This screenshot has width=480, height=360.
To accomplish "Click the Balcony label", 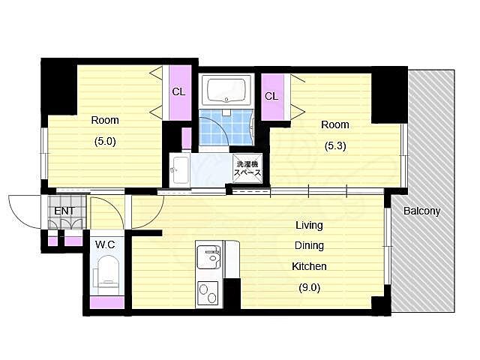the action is point(421,211).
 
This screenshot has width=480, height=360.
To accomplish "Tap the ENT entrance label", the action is point(64,211).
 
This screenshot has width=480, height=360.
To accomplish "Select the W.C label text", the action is point(105,244).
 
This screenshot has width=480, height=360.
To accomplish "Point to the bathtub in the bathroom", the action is point(226,90).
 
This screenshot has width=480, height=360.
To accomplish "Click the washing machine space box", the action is point(247,169).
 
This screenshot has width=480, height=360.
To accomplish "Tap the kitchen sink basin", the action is point(208,257).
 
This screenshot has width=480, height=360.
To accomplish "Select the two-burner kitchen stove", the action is point(208,292).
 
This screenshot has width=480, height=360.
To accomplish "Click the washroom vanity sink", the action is point(179,170).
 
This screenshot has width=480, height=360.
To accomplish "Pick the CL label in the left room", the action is point(178,91).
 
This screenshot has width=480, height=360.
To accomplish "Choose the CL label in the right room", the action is point(271,96).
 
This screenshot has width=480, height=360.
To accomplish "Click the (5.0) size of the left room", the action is point(105,142).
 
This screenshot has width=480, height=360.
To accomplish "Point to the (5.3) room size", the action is point(335,145).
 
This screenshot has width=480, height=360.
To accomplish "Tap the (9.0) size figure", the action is point(309,287).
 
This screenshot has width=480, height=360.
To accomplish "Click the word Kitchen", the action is point(309,266).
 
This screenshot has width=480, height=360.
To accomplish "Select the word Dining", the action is point(309,245).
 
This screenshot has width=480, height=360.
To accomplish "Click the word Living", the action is point(309,225).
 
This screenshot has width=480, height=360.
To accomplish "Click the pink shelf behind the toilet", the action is point(107,302).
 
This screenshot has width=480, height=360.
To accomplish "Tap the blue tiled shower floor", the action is point(226,127).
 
